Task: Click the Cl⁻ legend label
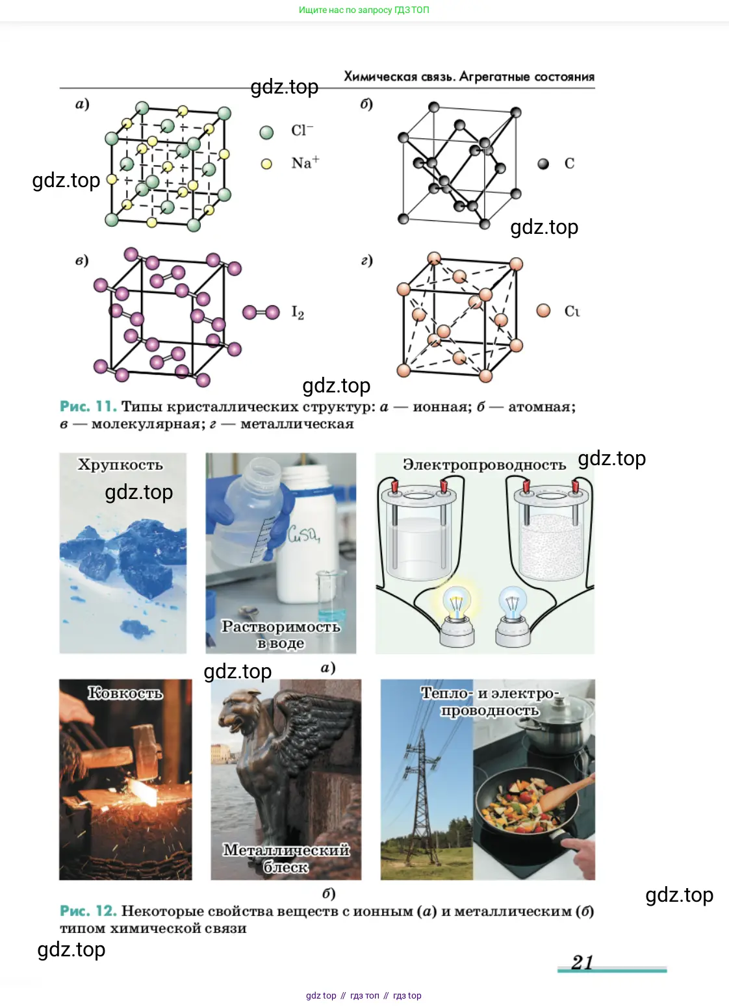(x=301, y=131)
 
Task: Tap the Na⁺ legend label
(x=305, y=162)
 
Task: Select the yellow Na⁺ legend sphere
(x=266, y=164)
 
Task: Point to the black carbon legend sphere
(x=543, y=164)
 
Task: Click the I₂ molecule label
(x=298, y=312)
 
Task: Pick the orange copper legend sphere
(x=543, y=310)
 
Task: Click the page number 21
(x=582, y=962)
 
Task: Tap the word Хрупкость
(x=120, y=465)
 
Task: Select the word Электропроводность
(x=484, y=465)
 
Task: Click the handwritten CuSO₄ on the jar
(x=304, y=534)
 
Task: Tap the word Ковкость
(x=125, y=693)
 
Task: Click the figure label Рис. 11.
(x=88, y=407)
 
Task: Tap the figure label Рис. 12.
(x=88, y=911)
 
